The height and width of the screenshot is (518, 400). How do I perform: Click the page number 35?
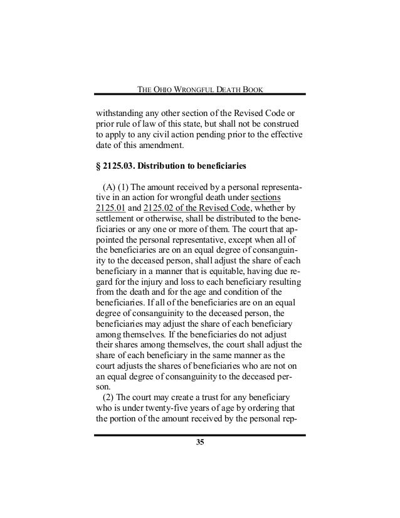(200, 444)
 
